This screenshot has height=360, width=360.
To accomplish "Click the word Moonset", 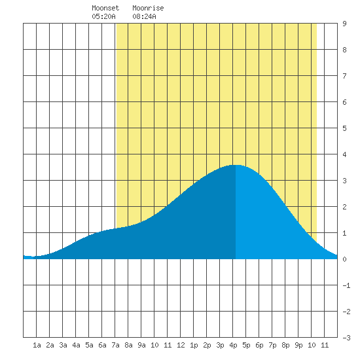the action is [x=105, y=8].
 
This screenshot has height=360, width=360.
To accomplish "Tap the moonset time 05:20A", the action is [x=103, y=16].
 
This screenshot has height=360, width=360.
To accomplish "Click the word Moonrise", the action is [x=148, y=8].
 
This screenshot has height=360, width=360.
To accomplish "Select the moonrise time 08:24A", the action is [x=144, y=16].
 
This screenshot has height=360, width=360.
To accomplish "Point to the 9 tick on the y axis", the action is [x=344, y=24].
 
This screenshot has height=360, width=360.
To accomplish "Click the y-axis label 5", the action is [x=344, y=128].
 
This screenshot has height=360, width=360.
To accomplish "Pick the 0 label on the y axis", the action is [x=344, y=259].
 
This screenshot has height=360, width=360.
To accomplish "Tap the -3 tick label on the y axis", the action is [x=346, y=338].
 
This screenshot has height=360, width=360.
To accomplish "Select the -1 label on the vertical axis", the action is [x=346, y=285].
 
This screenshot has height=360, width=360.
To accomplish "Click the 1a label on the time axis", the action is [x=37, y=345].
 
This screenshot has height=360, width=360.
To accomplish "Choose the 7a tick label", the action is [x=115, y=345].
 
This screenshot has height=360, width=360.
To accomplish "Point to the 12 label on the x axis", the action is [x=181, y=345].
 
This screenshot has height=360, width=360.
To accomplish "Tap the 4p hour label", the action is [x=233, y=345].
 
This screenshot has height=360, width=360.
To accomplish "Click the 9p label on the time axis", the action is [x=298, y=345].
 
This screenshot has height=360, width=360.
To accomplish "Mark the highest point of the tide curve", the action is [x=236, y=165].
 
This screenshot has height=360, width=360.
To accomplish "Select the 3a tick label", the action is [x=63, y=345].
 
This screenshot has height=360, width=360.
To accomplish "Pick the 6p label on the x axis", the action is [x=259, y=345].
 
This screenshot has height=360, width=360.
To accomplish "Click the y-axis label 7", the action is [x=344, y=76].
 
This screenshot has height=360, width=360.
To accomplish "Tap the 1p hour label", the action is [x=194, y=345].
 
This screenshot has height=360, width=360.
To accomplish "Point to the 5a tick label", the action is [x=89, y=345].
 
